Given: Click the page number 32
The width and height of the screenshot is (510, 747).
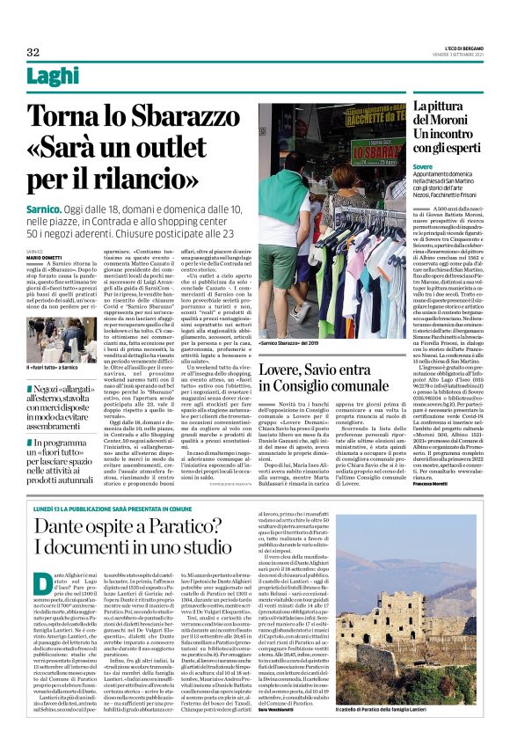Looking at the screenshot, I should click(x=33, y=53).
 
